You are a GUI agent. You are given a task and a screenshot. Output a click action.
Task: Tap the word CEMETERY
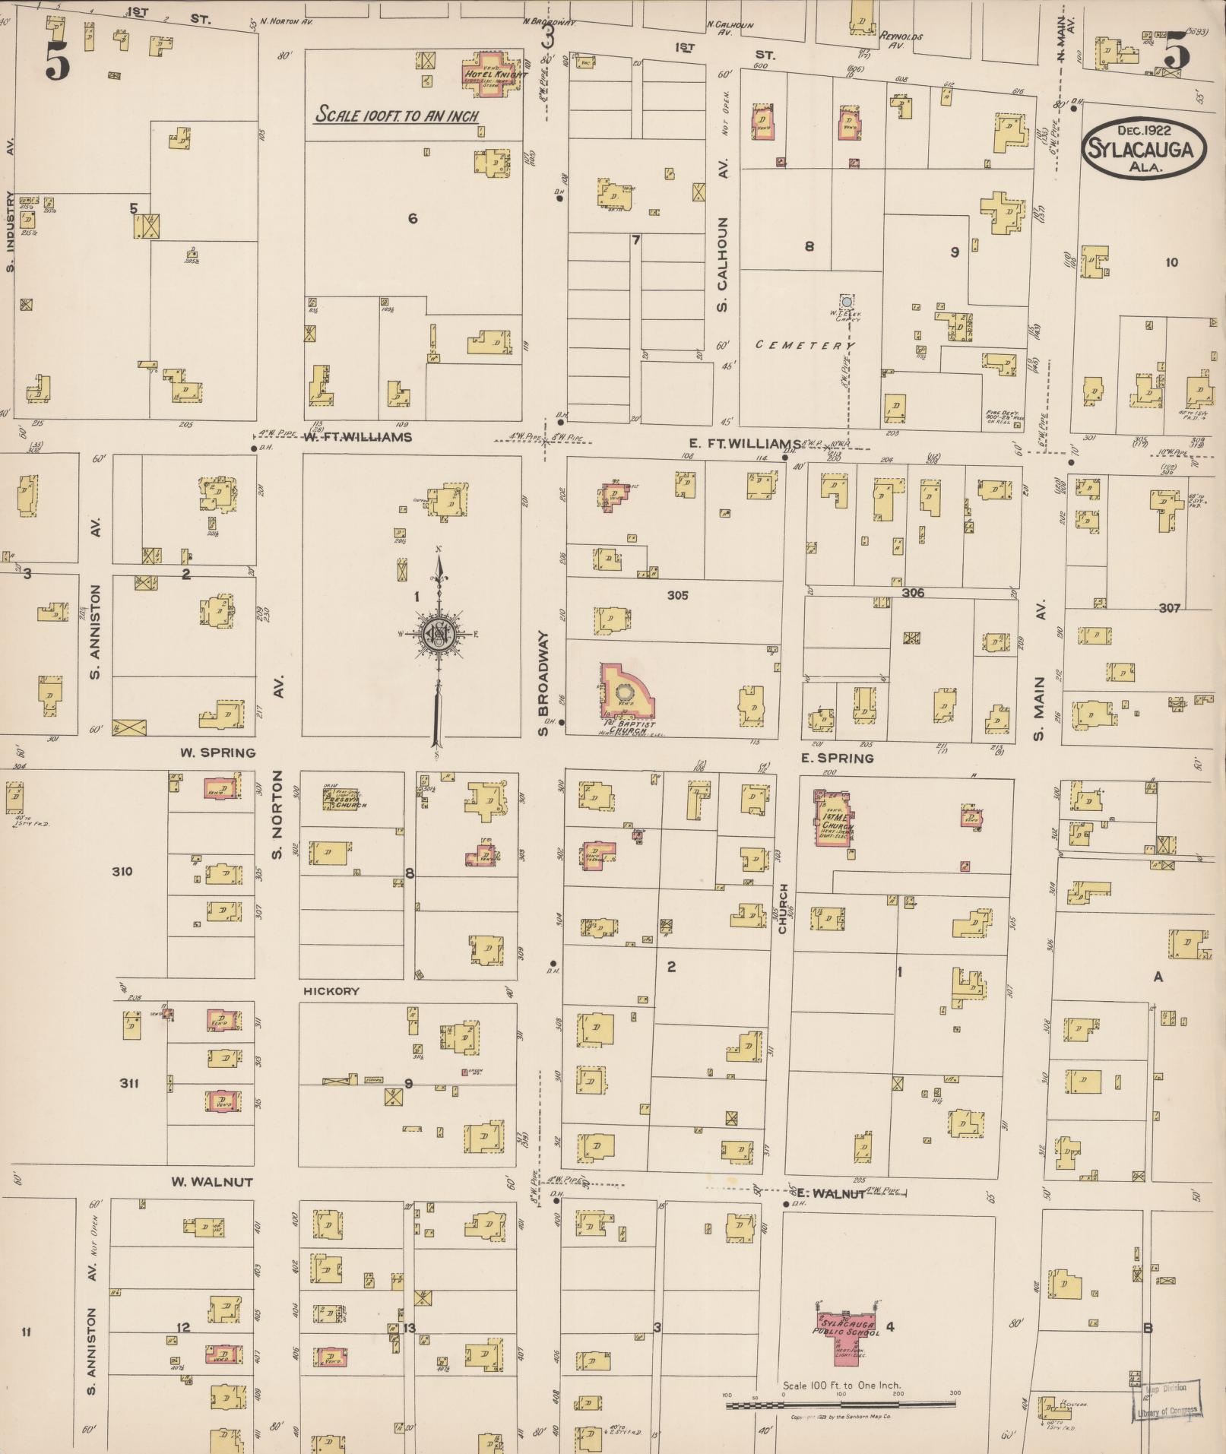(804, 345)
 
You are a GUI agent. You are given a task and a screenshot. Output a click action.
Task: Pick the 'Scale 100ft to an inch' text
(397, 116)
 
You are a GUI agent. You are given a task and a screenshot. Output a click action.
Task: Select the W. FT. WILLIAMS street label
(357, 437)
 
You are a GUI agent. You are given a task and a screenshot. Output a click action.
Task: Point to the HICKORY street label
(331, 991)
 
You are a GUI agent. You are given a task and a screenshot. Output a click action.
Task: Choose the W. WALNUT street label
(211, 1182)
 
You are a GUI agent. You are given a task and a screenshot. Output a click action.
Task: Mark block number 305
(677, 595)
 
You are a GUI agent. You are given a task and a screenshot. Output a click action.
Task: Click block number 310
(122, 871)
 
